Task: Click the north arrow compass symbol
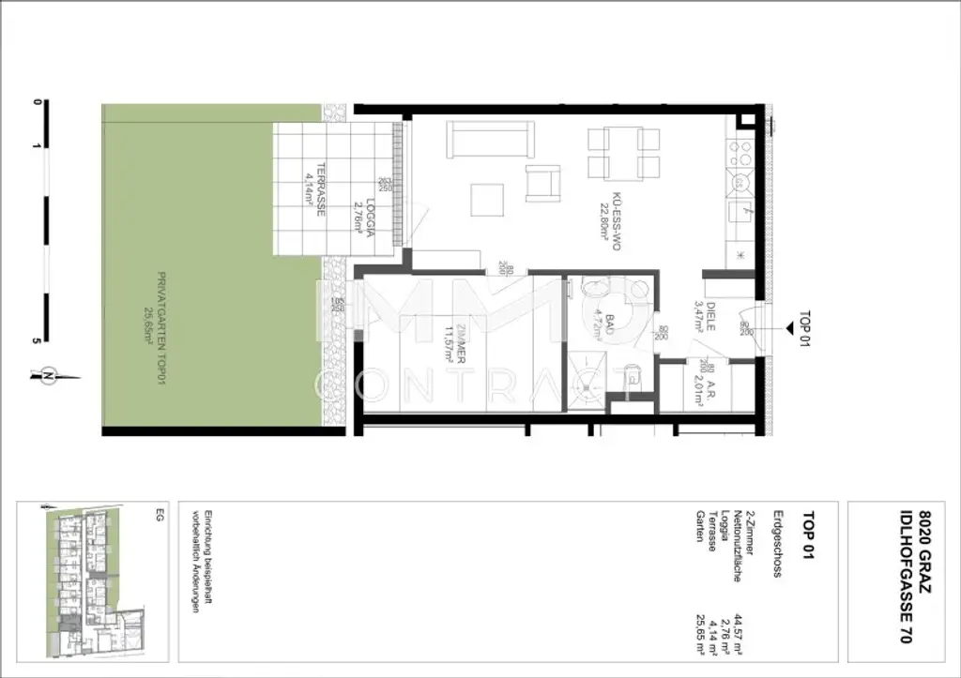[47, 375]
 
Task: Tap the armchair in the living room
[543, 183]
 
